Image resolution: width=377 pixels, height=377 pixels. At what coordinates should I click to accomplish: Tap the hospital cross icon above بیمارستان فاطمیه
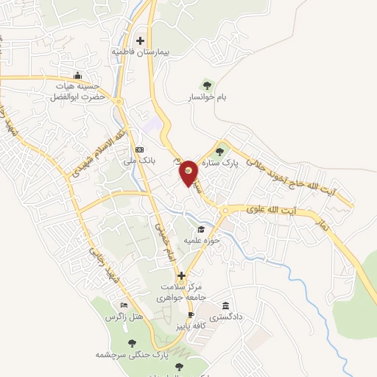click(x=140, y=41)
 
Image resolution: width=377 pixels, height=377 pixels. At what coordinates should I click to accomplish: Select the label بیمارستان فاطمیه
click(x=140, y=53)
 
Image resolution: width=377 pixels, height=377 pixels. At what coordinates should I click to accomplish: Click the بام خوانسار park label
click(x=206, y=96)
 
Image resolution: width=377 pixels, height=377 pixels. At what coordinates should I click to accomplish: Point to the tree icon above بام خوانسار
click(x=206, y=85)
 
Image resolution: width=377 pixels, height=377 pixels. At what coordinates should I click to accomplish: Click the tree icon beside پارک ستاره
click(x=219, y=151)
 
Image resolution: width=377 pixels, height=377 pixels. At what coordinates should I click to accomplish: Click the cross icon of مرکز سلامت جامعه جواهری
click(x=181, y=275)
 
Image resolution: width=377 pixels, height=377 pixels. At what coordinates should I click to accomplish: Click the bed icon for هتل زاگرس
click(x=124, y=305)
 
